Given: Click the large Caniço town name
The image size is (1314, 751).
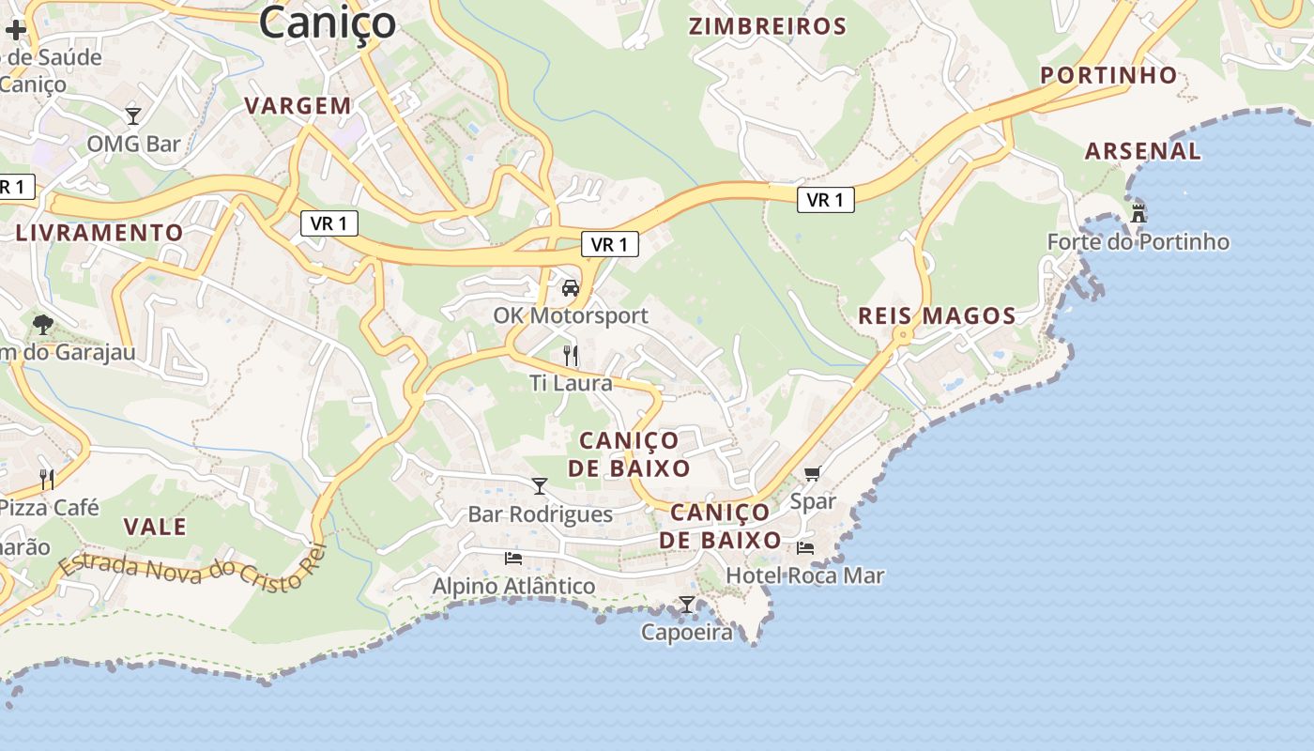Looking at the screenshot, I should pyautogui.click(x=327, y=23).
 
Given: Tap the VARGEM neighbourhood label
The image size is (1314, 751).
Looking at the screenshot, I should pyautogui.click(x=298, y=106).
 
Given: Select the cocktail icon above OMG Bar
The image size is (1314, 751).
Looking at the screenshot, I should pyautogui.click(x=133, y=115).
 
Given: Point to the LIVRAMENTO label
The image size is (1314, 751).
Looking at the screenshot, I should pyautogui.click(x=99, y=233).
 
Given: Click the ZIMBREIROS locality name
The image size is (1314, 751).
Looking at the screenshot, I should pyautogui.click(x=768, y=26).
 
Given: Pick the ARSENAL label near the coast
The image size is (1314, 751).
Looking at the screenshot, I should pyautogui.click(x=1142, y=151).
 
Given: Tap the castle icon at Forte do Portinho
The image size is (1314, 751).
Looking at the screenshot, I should pyautogui.click(x=1138, y=213).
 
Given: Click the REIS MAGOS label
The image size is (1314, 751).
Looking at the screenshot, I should pyautogui.click(x=937, y=316).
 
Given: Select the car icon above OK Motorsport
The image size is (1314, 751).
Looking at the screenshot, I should pyautogui.click(x=570, y=288).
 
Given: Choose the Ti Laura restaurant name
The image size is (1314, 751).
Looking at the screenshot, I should pyautogui.click(x=571, y=383).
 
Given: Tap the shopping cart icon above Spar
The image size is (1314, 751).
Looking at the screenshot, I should pyautogui.click(x=812, y=474).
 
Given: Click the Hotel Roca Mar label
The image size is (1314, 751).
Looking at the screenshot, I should pyautogui.click(x=805, y=575).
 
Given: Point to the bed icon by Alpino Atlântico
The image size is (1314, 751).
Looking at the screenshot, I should pyautogui.click(x=512, y=558).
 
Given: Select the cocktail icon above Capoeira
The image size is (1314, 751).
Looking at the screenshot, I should pyautogui.click(x=687, y=605).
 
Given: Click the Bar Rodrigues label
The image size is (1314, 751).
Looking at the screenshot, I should pyautogui.click(x=540, y=514).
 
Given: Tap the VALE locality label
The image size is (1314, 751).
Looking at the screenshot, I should pyautogui.click(x=155, y=527).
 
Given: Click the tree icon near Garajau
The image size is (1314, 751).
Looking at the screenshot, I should pyautogui.click(x=42, y=325).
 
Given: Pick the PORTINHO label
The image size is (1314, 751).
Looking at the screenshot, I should pyautogui.click(x=1108, y=75).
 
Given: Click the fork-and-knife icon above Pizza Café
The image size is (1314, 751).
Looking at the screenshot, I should pyautogui.click(x=47, y=480).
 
